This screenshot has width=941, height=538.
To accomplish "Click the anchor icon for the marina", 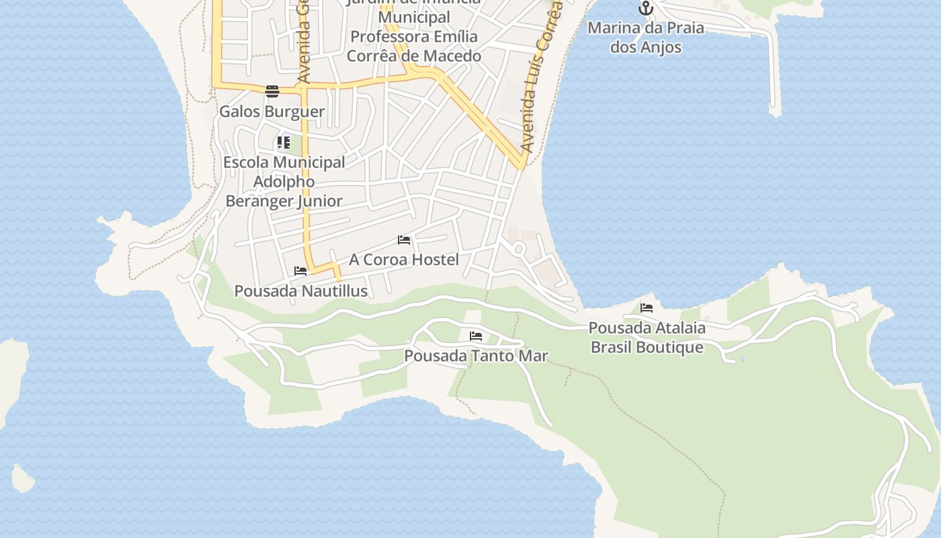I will pos(646,9).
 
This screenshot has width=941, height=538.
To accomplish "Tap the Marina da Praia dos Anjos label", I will pos(646,38).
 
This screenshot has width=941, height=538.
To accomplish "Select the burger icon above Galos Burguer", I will pos(272,91).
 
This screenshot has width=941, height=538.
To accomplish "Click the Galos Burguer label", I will pos(272,112).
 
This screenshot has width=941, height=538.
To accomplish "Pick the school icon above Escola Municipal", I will pos(284,143).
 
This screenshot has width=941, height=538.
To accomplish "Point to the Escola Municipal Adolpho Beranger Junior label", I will pos(284,182).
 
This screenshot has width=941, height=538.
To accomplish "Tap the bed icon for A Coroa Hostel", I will pos(404,240).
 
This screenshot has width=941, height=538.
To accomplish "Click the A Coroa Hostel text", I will pos(404,260).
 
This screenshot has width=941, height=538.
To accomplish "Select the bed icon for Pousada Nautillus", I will pos(300,271).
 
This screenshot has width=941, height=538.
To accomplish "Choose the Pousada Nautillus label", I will pos(300,291).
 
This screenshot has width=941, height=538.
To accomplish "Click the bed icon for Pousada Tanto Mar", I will pos(476,336).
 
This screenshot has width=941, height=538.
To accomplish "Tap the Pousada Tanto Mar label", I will pos(476,356).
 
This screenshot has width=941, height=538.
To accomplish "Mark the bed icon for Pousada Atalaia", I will pos(647,308).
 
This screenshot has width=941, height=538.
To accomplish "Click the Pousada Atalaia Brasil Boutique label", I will pos(647,338).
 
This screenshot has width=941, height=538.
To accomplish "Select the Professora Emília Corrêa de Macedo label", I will pos(414,46).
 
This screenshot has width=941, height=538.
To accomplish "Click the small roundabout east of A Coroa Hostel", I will pos(518,249).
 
